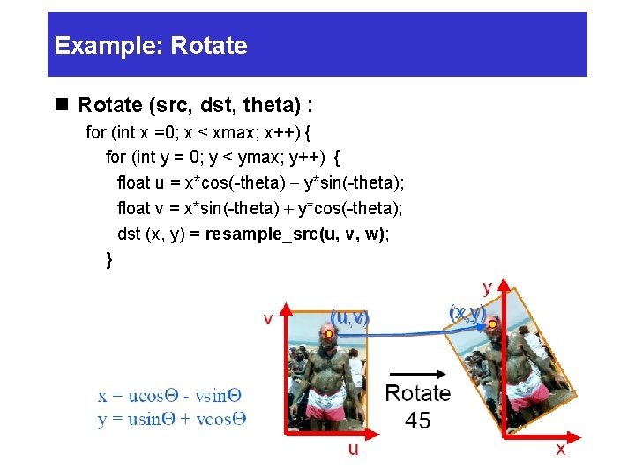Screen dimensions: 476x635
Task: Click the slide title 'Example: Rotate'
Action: (x=151, y=46)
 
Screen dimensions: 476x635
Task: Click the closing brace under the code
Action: (x=109, y=259)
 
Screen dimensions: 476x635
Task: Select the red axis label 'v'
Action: (x=268, y=318)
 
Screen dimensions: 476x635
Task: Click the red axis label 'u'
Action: (x=353, y=449)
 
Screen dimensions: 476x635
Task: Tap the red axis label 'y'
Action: (x=487, y=287)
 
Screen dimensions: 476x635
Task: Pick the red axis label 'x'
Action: (x=560, y=449)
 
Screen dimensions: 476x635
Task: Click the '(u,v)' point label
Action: (x=349, y=317)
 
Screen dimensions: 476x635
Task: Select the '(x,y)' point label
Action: (x=467, y=313)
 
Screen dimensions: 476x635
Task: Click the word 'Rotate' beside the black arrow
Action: (x=417, y=393)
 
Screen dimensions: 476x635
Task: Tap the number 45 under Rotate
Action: (x=417, y=420)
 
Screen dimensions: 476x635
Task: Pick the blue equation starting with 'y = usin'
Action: (x=171, y=419)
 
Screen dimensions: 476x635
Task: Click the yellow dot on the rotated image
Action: (x=493, y=325)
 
